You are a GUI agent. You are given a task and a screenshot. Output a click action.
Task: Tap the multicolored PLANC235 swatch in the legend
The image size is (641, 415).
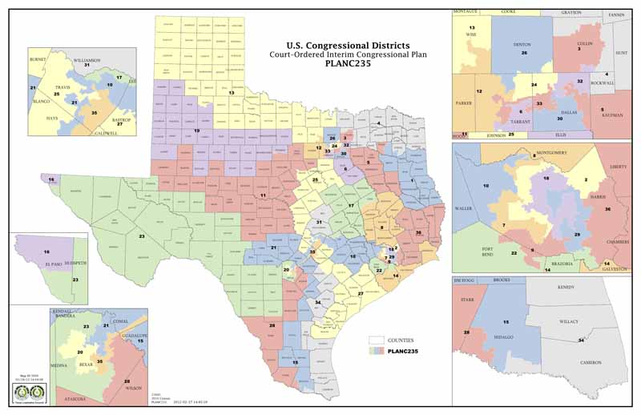[376, 351]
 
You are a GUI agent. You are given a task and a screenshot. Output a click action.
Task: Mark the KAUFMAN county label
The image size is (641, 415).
[612, 115]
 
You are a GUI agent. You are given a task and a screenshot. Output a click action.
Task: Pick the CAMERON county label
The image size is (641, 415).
[591, 363]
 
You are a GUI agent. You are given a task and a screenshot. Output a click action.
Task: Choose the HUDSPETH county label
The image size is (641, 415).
[60, 261]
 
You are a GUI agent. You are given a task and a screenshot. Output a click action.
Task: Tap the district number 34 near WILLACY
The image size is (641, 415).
[580, 341]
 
